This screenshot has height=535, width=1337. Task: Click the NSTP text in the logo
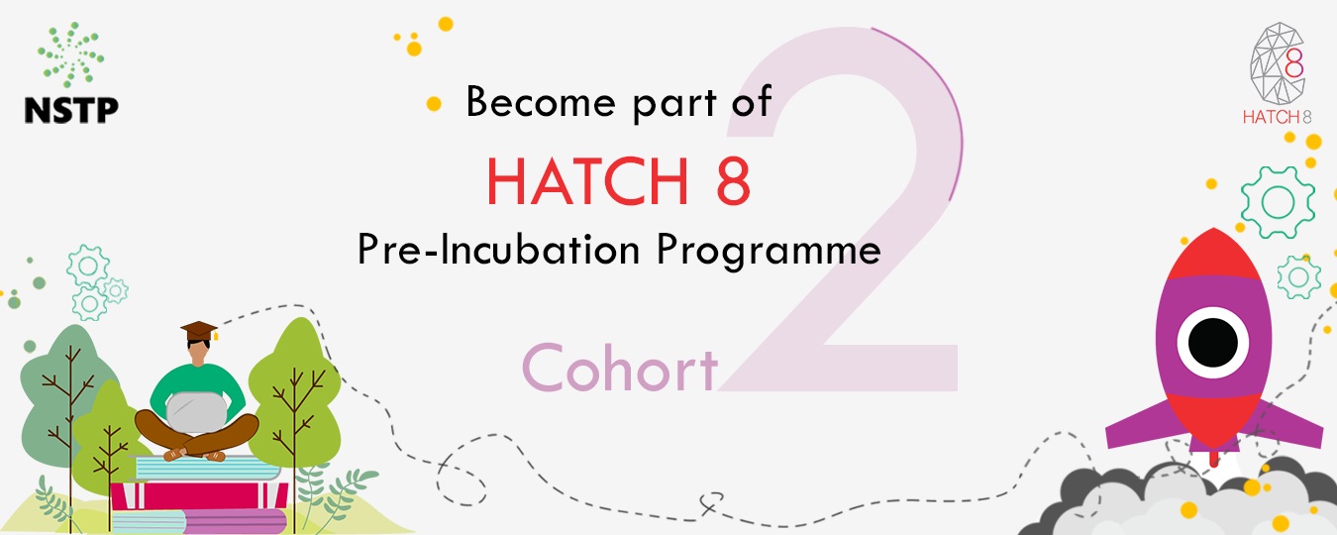[x=71, y=110]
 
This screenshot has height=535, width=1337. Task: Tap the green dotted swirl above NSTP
[x=71, y=54]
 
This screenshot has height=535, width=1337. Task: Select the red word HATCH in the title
[x=588, y=180]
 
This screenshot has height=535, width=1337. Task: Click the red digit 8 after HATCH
[x=733, y=180]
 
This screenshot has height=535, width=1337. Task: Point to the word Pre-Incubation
[x=499, y=249]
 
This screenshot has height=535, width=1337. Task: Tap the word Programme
[x=769, y=251]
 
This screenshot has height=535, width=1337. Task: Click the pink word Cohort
[x=620, y=368]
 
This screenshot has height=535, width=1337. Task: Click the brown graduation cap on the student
[x=199, y=331]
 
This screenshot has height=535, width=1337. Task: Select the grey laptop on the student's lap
[x=196, y=412]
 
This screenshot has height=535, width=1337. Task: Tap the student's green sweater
[x=197, y=388]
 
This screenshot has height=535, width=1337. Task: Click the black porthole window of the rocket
[x=1212, y=343]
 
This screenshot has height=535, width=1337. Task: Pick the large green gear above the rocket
[x=1278, y=202]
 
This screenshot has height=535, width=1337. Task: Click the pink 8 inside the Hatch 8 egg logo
[x=1293, y=63]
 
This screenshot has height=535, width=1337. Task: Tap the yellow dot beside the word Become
[x=434, y=104]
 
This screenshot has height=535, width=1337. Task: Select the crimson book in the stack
[x=199, y=495]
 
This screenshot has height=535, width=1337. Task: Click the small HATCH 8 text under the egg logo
[x=1277, y=117]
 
